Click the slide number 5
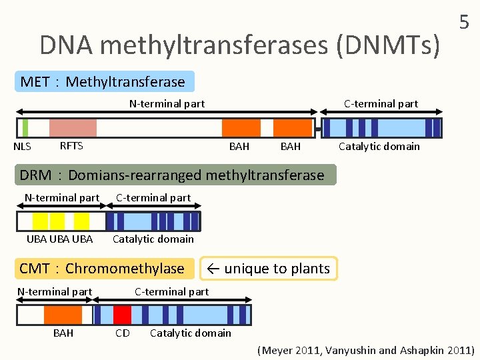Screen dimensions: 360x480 [464, 23]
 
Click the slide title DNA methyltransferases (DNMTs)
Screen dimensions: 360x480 [240, 45]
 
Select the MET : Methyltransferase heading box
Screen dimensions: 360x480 [103, 82]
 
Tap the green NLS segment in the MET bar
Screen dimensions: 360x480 [25, 127]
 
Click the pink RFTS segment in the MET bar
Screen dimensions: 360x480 [73, 127]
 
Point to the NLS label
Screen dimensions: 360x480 [22, 147]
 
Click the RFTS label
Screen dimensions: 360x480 [71, 146]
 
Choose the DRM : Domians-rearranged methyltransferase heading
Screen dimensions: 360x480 [173, 175]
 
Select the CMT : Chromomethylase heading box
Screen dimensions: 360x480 [103, 269]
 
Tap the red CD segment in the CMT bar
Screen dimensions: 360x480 [122, 315]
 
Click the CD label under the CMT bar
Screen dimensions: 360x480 [123, 333]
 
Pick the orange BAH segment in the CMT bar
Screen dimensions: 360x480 [63, 315]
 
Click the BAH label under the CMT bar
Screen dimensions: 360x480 [63, 333]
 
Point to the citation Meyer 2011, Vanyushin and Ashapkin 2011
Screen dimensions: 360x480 [366, 350]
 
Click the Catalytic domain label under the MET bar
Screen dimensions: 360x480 [379, 146]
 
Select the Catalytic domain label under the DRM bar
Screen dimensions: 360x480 [153, 239]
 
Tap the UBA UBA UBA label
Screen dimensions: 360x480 [60, 239]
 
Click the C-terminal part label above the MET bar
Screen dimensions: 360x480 [381, 103]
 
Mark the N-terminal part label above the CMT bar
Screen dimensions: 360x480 [55, 291]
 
